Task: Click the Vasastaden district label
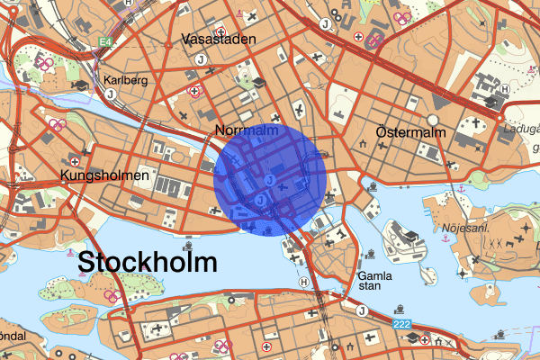[219, 39]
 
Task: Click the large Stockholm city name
[148, 263]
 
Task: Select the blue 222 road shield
[402, 323]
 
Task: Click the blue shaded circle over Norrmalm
[271, 180]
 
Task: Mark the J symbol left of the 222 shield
[362, 311]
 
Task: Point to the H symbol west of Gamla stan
[303, 281]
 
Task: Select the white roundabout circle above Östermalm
[433, 119]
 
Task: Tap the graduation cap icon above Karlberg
[80, 86]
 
